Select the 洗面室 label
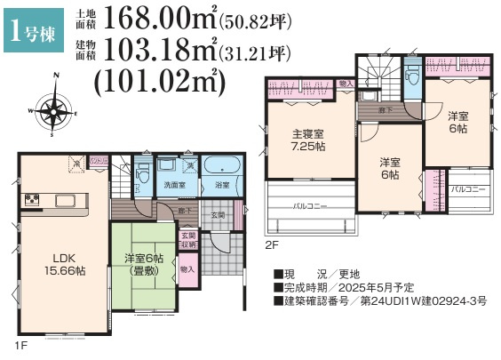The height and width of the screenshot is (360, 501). [x=172, y=185]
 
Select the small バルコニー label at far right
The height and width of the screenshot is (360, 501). [x=467, y=190]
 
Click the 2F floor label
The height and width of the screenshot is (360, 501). [x=270, y=243]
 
